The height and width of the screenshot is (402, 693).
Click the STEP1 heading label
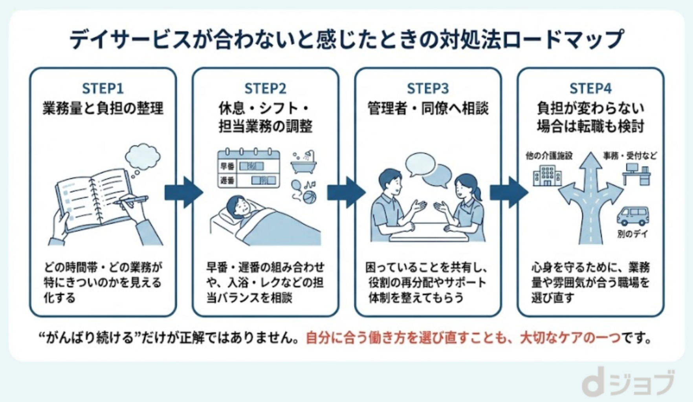[103, 89]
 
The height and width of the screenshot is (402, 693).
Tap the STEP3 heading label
[427, 89]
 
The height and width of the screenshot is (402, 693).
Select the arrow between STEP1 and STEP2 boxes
[183, 192]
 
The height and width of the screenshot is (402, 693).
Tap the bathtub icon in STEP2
[304, 163]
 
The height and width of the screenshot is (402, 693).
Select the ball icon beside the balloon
[310, 197]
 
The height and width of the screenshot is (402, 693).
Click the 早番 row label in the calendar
[227, 166]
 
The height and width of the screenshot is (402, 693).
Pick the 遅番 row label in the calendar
[227, 180]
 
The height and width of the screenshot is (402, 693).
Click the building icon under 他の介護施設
[547, 175]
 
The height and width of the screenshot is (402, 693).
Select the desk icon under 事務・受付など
[636, 174]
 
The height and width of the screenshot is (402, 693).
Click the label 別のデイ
[632, 234]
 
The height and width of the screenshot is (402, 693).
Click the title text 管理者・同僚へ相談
[427, 108]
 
